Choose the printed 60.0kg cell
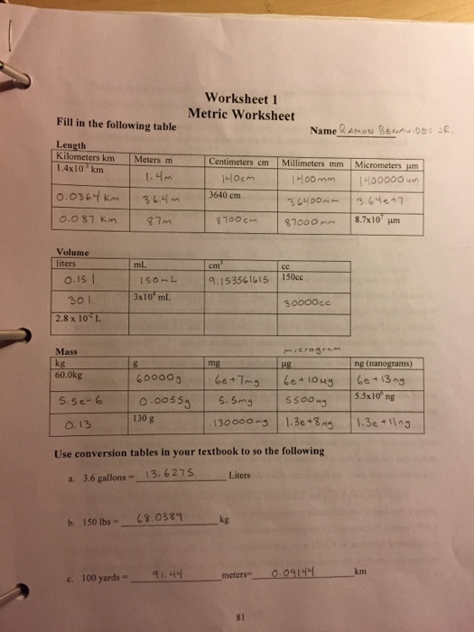point(71,373)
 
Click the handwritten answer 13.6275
point(164,474)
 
